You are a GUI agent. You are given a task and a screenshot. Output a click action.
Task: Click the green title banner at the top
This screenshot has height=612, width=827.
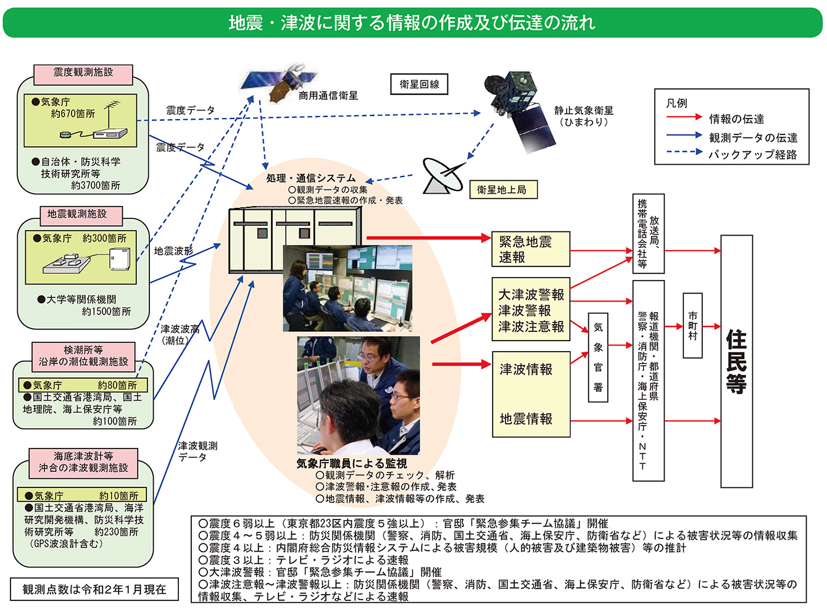coord(412,23)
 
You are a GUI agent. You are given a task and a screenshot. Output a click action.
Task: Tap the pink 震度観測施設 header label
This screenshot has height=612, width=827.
coord(83,73)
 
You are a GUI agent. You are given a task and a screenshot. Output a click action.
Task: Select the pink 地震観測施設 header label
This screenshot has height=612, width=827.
coord(77,214)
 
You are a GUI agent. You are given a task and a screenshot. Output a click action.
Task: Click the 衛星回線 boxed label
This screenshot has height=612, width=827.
coord(419,85)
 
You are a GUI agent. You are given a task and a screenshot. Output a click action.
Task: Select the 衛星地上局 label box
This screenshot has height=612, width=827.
coord(502,190)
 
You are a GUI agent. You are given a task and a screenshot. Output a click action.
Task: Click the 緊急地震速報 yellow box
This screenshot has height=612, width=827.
coord(530,249)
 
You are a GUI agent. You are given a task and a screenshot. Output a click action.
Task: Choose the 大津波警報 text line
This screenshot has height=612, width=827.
coord(531,295)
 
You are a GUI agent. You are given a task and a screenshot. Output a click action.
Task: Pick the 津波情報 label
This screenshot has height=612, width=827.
coord(526,370)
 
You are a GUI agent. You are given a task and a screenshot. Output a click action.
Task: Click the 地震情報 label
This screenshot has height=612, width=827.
coord(526,419)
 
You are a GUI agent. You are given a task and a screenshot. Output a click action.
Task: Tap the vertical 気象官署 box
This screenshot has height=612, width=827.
coord(597,357)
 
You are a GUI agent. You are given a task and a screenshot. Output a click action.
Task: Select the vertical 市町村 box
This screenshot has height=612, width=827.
coord(692,326)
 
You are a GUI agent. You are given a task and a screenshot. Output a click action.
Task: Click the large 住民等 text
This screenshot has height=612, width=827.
coord(736,362)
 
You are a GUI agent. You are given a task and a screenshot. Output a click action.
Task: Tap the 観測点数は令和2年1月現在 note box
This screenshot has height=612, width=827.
coord(94,589)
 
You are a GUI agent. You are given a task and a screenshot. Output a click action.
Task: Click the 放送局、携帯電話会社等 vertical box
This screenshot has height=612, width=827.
coord(648,233)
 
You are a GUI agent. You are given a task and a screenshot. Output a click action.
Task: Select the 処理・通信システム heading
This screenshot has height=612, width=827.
coord(310,178)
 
